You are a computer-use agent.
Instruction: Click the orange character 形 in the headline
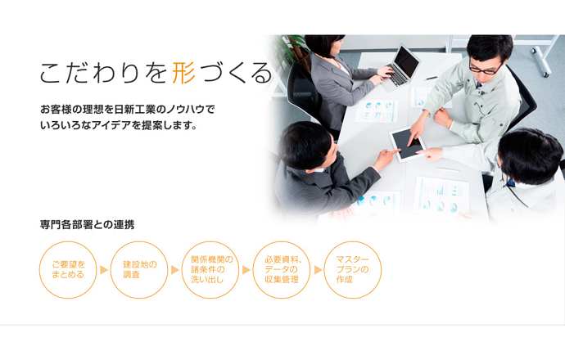tap(184, 74)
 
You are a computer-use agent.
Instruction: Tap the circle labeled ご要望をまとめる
tap(68, 269)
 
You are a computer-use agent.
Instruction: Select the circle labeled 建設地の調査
tap(139, 269)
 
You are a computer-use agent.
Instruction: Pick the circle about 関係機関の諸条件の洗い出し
tap(210, 269)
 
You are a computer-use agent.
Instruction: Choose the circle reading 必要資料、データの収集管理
tap(282, 269)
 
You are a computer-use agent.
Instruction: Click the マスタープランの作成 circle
tap(353, 269)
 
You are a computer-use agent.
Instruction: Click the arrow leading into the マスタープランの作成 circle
tap(318, 269)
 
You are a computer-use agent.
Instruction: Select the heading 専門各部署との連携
tap(87, 223)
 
